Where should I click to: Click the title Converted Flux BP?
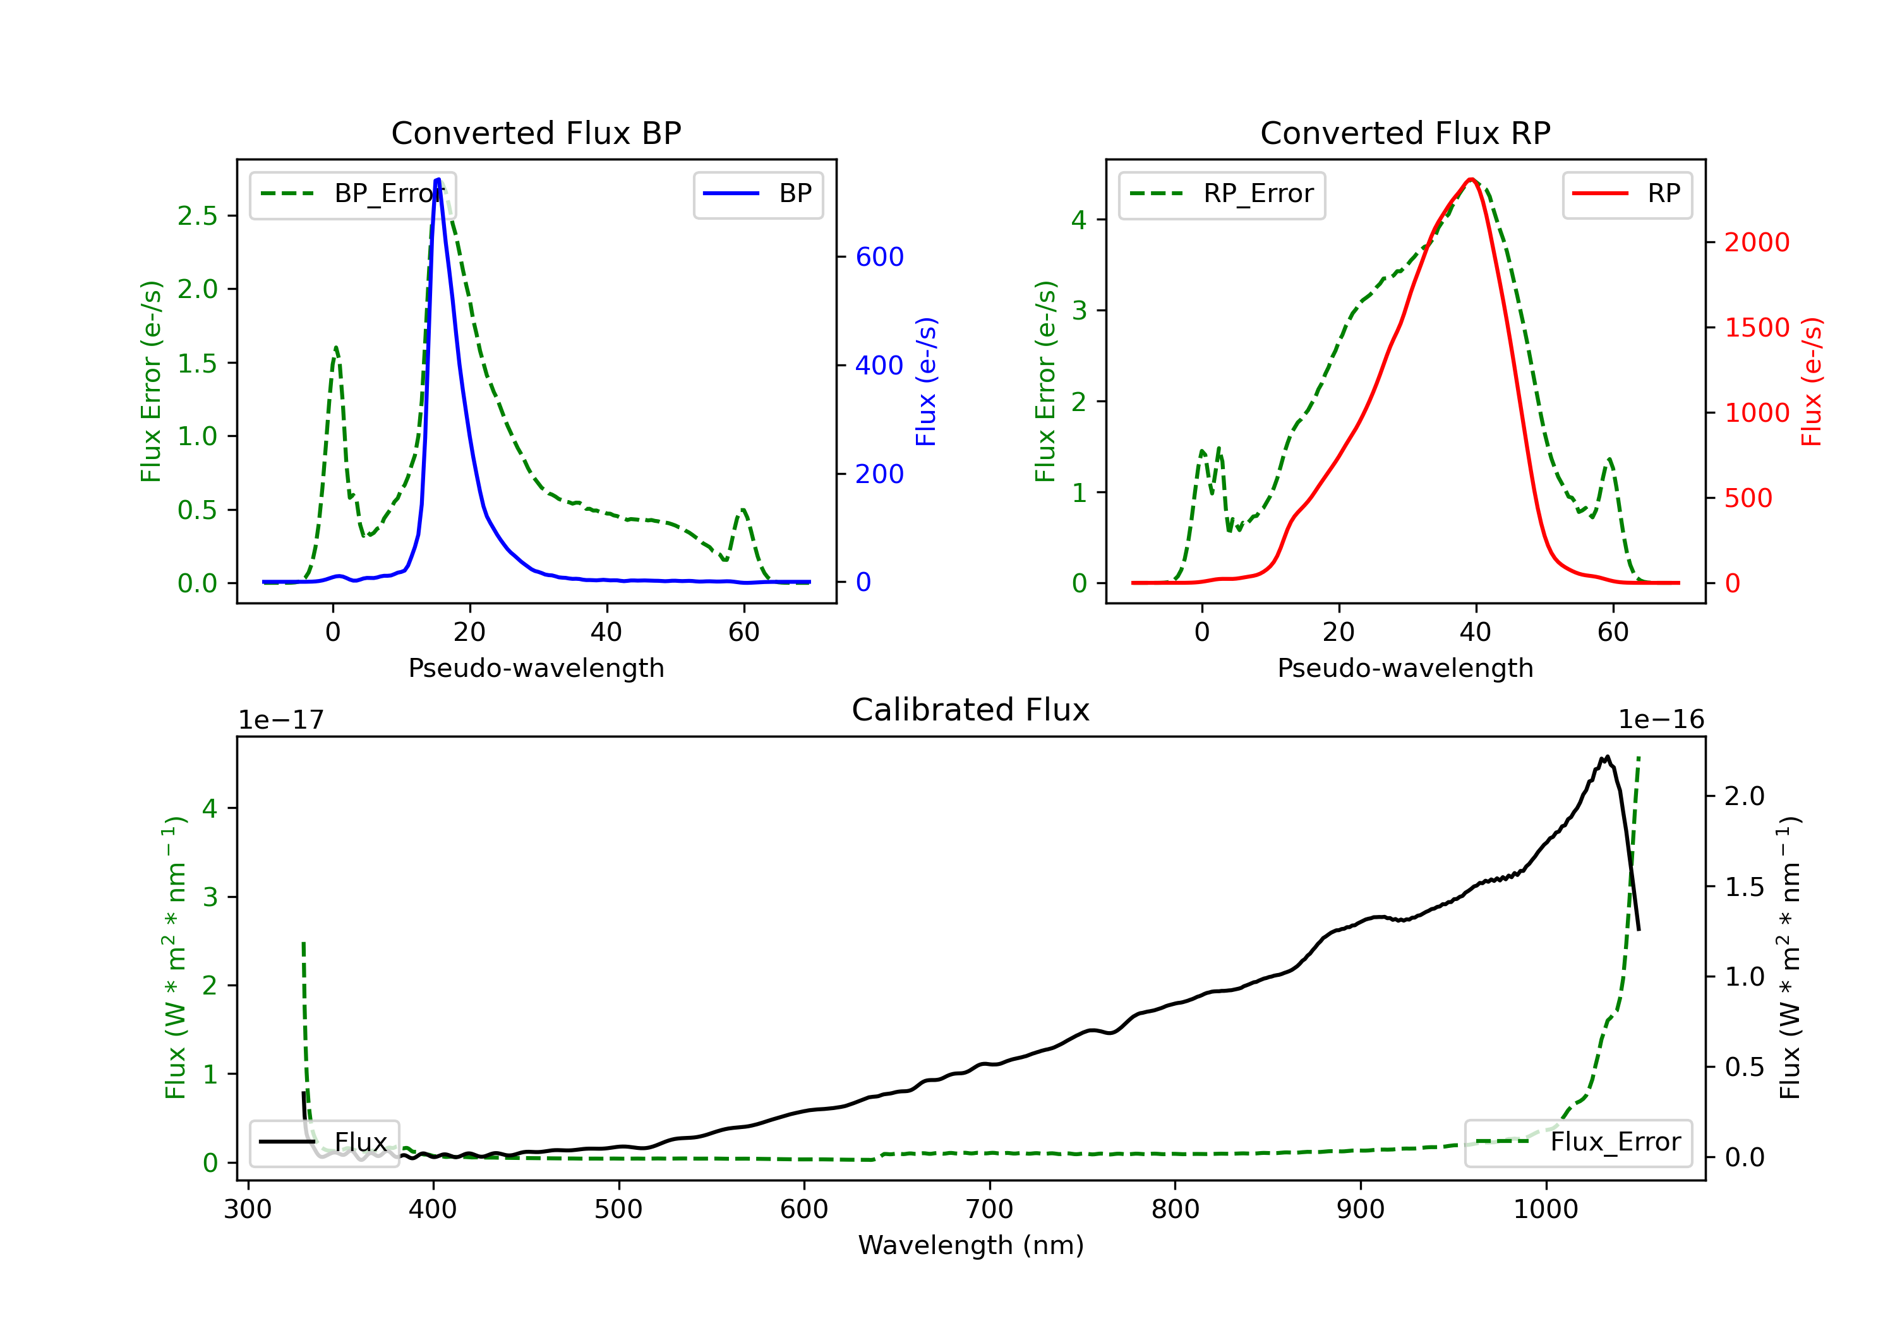(x=536, y=133)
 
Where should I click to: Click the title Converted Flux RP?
(x=1405, y=133)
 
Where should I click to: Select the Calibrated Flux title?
(x=971, y=710)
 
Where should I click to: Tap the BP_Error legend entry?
(x=352, y=194)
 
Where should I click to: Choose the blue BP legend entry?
(x=757, y=194)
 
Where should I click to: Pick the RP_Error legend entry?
(x=1222, y=194)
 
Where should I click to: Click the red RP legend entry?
(x=1627, y=194)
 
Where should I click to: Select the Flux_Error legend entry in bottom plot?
(x=1578, y=1142)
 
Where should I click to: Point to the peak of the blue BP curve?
(x=438, y=179)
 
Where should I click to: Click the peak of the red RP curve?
(x=1471, y=179)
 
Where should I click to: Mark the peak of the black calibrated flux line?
(x=1607, y=756)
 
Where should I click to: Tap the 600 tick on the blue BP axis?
(x=880, y=256)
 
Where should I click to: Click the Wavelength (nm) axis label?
(x=971, y=1245)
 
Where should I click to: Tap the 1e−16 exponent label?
(x=1661, y=720)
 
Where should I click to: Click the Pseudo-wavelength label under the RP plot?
(x=1405, y=667)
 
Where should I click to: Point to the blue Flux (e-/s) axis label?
(x=926, y=381)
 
